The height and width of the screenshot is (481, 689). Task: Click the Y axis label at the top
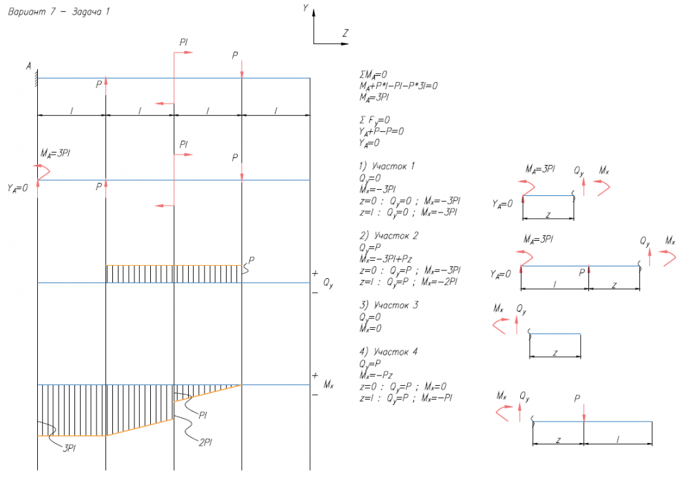(x=305, y=8)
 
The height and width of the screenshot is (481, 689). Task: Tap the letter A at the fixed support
(x=29, y=66)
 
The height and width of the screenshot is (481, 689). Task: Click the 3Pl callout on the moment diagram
(x=69, y=447)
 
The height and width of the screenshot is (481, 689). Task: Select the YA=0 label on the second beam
(x=17, y=187)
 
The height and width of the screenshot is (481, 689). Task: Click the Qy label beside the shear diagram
(x=329, y=283)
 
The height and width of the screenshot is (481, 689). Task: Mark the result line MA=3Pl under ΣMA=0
(x=374, y=97)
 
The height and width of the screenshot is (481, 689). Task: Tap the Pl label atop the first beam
(x=184, y=43)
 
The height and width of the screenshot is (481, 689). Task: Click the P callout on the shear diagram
(x=252, y=260)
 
